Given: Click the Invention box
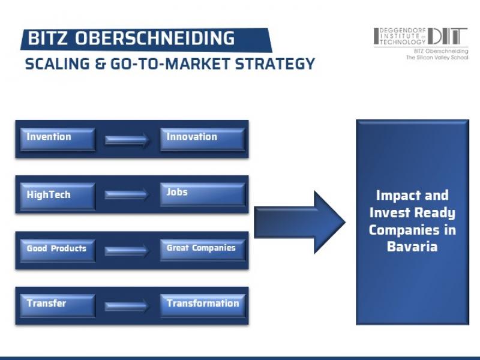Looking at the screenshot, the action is pyautogui.click(x=58, y=139).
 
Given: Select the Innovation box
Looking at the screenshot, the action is pyautogui.click(x=203, y=139).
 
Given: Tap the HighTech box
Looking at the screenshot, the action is pyautogui.click(x=58, y=196).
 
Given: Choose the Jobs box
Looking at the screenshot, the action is pyautogui.click(x=203, y=194).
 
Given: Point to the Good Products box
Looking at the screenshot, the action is pyautogui.click(x=58, y=250).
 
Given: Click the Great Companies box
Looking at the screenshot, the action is pyautogui.click(x=203, y=250).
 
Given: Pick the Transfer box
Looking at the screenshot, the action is pyautogui.click(x=58, y=305).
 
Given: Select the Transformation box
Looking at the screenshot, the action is pyautogui.click(x=203, y=305).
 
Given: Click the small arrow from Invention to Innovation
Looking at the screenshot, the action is pyautogui.click(x=127, y=140).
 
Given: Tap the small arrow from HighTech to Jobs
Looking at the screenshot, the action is pyautogui.click(x=127, y=194).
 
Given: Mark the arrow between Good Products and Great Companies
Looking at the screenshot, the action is pyautogui.click(x=127, y=251).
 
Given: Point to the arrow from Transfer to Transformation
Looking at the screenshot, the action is pyautogui.click(x=127, y=306).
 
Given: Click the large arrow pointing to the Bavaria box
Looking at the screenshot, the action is pyautogui.click(x=299, y=222).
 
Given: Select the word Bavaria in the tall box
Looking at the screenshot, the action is pyautogui.click(x=412, y=247).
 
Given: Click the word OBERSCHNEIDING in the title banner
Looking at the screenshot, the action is pyautogui.click(x=155, y=38).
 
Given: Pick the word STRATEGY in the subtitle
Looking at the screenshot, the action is pyautogui.click(x=275, y=64).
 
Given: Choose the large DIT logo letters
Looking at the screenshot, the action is pyautogui.click(x=448, y=36).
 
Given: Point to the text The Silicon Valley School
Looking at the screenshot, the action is pyautogui.click(x=437, y=57).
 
